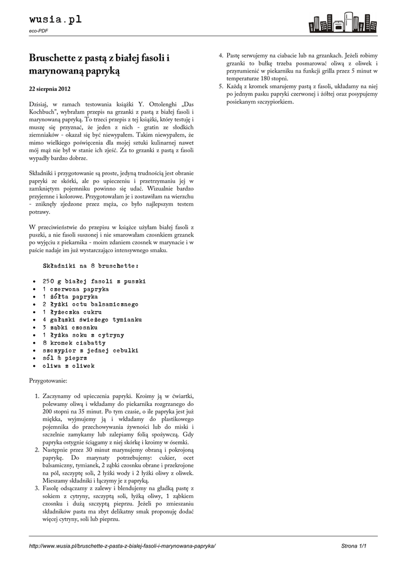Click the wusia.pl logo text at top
click(x=55, y=20)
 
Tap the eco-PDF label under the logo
click(x=38, y=31)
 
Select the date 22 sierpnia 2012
click(x=50, y=89)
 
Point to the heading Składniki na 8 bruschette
click(x=90, y=264)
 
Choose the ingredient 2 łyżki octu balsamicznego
click(x=90, y=304)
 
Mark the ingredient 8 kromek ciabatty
click(x=74, y=343)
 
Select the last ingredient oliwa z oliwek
click(x=68, y=366)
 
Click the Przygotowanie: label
click(x=48, y=381)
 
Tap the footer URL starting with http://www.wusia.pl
click(x=122, y=546)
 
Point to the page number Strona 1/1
click(x=358, y=546)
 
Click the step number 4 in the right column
click(x=221, y=56)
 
